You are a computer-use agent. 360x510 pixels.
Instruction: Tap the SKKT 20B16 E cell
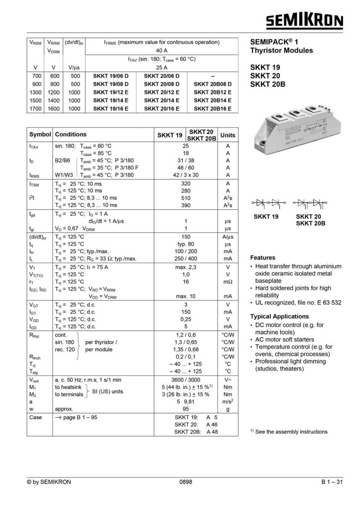coord(213,107)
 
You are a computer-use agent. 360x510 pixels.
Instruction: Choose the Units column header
coord(228,135)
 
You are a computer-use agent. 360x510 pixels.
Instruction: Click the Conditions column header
coord(71,134)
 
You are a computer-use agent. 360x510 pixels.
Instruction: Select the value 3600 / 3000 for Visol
coord(185,379)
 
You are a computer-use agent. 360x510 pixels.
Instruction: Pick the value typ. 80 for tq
coord(185,245)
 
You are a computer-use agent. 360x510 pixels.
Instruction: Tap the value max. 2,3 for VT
coord(185,267)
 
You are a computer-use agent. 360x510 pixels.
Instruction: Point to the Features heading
coord(262,258)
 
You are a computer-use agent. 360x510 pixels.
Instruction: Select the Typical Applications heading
coord(279,316)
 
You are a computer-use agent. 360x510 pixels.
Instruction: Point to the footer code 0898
coord(185,482)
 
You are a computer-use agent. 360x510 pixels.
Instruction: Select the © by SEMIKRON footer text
coord(48,482)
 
